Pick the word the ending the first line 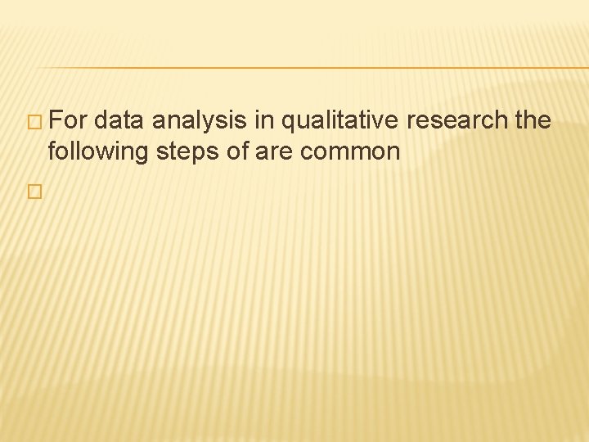click(533, 122)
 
